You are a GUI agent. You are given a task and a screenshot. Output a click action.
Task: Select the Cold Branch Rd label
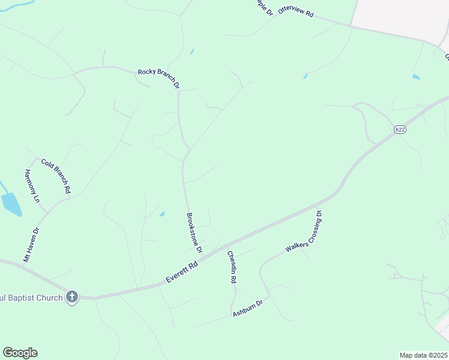click(x=56, y=175)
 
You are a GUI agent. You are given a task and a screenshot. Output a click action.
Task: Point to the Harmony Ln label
click(x=31, y=185)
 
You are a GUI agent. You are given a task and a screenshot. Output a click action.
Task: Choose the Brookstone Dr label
click(x=194, y=233)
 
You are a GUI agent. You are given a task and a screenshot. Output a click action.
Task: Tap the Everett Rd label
click(x=182, y=274)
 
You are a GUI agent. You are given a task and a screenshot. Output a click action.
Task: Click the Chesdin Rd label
click(x=231, y=266)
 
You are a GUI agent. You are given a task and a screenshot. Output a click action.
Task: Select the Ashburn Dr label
click(x=248, y=308)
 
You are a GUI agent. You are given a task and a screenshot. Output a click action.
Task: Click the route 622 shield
click(x=400, y=130)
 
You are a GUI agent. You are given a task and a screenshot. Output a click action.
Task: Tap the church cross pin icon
click(x=72, y=296)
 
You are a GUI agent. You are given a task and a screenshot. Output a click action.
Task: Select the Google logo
click(x=20, y=353)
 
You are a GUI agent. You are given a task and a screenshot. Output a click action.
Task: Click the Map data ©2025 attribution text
click(x=423, y=355)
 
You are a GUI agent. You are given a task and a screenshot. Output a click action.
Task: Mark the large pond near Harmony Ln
click(x=11, y=204)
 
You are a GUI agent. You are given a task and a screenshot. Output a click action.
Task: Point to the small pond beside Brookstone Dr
click(x=162, y=214)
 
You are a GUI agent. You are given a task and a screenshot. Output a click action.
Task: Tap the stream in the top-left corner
click(x=15, y=5)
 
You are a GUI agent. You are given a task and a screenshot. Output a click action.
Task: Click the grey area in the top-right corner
click(x=399, y=15)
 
